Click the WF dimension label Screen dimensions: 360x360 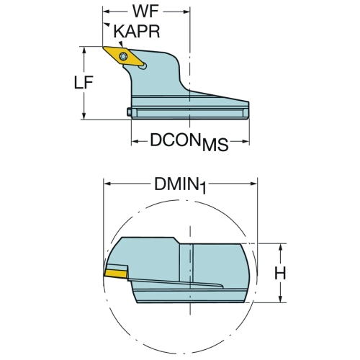point(145,11)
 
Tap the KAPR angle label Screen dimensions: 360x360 point(137,31)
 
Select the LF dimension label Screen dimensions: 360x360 point(84,83)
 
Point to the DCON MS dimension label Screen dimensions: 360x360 point(189,142)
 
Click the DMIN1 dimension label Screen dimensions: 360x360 point(180,185)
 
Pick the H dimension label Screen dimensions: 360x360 point(280,273)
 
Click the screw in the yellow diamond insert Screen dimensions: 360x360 point(123,57)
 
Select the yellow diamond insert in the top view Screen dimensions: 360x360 point(124,56)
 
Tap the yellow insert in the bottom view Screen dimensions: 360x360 point(116,274)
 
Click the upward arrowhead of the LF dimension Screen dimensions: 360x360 point(84,50)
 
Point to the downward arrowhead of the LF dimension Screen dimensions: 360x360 point(84,116)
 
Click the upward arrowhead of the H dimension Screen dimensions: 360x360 point(280,247)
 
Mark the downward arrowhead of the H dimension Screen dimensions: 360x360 point(280,299)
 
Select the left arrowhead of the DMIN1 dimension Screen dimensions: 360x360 point(107,184)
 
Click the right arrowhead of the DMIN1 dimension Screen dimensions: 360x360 point(253,184)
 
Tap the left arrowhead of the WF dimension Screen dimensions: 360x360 point(106,12)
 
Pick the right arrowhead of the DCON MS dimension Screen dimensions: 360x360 point(246,141)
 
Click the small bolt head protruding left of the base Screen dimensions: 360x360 point(129,112)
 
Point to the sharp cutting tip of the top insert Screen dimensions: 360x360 point(103,47)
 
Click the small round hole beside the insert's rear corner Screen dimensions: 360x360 point(143,66)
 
